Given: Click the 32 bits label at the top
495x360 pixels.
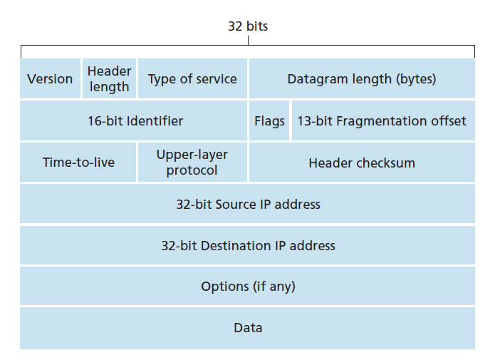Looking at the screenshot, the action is click(x=248, y=26).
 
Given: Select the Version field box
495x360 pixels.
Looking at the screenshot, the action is click(x=50, y=78).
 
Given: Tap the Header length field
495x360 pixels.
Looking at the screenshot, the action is click(x=109, y=78).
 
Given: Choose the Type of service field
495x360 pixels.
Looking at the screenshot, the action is click(x=192, y=78).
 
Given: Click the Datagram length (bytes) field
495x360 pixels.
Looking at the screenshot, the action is click(x=362, y=78).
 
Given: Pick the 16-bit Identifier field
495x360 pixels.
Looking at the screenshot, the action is click(x=133, y=120).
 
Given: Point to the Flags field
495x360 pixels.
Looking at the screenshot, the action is click(x=269, y=120).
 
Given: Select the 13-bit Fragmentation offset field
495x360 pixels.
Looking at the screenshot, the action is click(x=384, y=120).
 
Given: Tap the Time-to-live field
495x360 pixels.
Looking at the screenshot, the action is click(x=78, y=162).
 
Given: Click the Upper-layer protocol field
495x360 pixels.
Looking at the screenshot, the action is click(x=192, y=162).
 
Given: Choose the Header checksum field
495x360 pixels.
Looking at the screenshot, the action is click(x=362, y=162).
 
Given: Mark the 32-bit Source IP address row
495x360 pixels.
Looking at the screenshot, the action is click(x=248, y=204).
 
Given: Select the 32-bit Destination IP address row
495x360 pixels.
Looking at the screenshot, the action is click(x=248, y=245).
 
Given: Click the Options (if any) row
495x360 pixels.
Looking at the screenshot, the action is click(x=248, y=286).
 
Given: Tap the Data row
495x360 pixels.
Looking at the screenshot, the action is click(x=248, y=328).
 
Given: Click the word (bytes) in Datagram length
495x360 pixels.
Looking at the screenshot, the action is click(x=416, y=79).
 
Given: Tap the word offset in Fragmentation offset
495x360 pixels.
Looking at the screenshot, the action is click(x=449, y=120).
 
